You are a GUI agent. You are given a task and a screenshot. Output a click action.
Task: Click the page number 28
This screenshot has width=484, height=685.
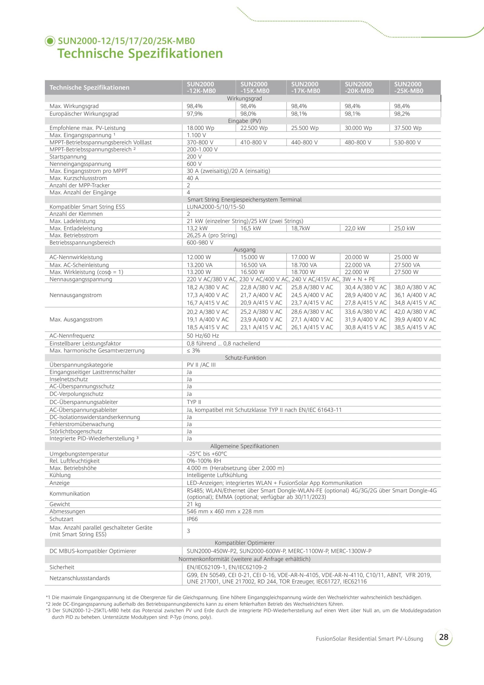(443, 637)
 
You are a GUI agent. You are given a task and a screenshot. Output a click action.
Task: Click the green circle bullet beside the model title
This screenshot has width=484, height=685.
(50, 41)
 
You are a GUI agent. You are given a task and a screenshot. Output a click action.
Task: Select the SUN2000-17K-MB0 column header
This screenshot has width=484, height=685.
(306, 88)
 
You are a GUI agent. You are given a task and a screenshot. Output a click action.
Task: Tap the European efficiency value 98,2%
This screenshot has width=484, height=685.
(402, 114)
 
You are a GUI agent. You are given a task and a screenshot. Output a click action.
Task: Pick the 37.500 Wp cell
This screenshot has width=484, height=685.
(407, 128)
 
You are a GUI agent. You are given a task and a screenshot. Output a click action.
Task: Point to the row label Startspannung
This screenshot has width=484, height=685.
(68, 157)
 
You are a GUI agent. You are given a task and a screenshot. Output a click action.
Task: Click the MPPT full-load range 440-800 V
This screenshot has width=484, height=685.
(304, 142)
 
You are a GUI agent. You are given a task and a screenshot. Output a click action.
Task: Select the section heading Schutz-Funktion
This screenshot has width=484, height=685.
(245, 358)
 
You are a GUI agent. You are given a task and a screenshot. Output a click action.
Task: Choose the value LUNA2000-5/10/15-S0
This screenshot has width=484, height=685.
(216, 207)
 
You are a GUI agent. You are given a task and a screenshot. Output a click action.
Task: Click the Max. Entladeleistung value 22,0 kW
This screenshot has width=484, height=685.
(355, 228)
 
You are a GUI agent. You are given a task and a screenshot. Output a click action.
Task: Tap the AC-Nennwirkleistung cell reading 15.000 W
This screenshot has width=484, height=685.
(252, 257)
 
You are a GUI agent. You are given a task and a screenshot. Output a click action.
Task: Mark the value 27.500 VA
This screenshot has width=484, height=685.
(407, 265)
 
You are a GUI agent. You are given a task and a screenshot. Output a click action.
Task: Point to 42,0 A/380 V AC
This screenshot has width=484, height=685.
(415, 312)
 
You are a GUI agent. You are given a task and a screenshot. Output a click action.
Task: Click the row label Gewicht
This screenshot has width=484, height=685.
(60, 504)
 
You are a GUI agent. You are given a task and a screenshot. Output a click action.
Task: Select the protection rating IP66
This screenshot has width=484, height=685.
(192, 519)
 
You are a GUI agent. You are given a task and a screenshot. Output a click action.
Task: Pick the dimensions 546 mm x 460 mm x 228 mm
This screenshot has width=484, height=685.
(225, 511)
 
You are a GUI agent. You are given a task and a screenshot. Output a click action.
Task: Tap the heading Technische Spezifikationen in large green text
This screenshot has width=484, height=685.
(140, 54)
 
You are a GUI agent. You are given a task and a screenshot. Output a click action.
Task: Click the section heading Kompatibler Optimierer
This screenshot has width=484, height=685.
(244, 543)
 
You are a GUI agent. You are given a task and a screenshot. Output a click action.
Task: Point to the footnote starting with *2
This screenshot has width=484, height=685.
(195, 604)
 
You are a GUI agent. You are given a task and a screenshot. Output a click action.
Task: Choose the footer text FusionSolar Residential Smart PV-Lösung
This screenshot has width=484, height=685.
(369, 639)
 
